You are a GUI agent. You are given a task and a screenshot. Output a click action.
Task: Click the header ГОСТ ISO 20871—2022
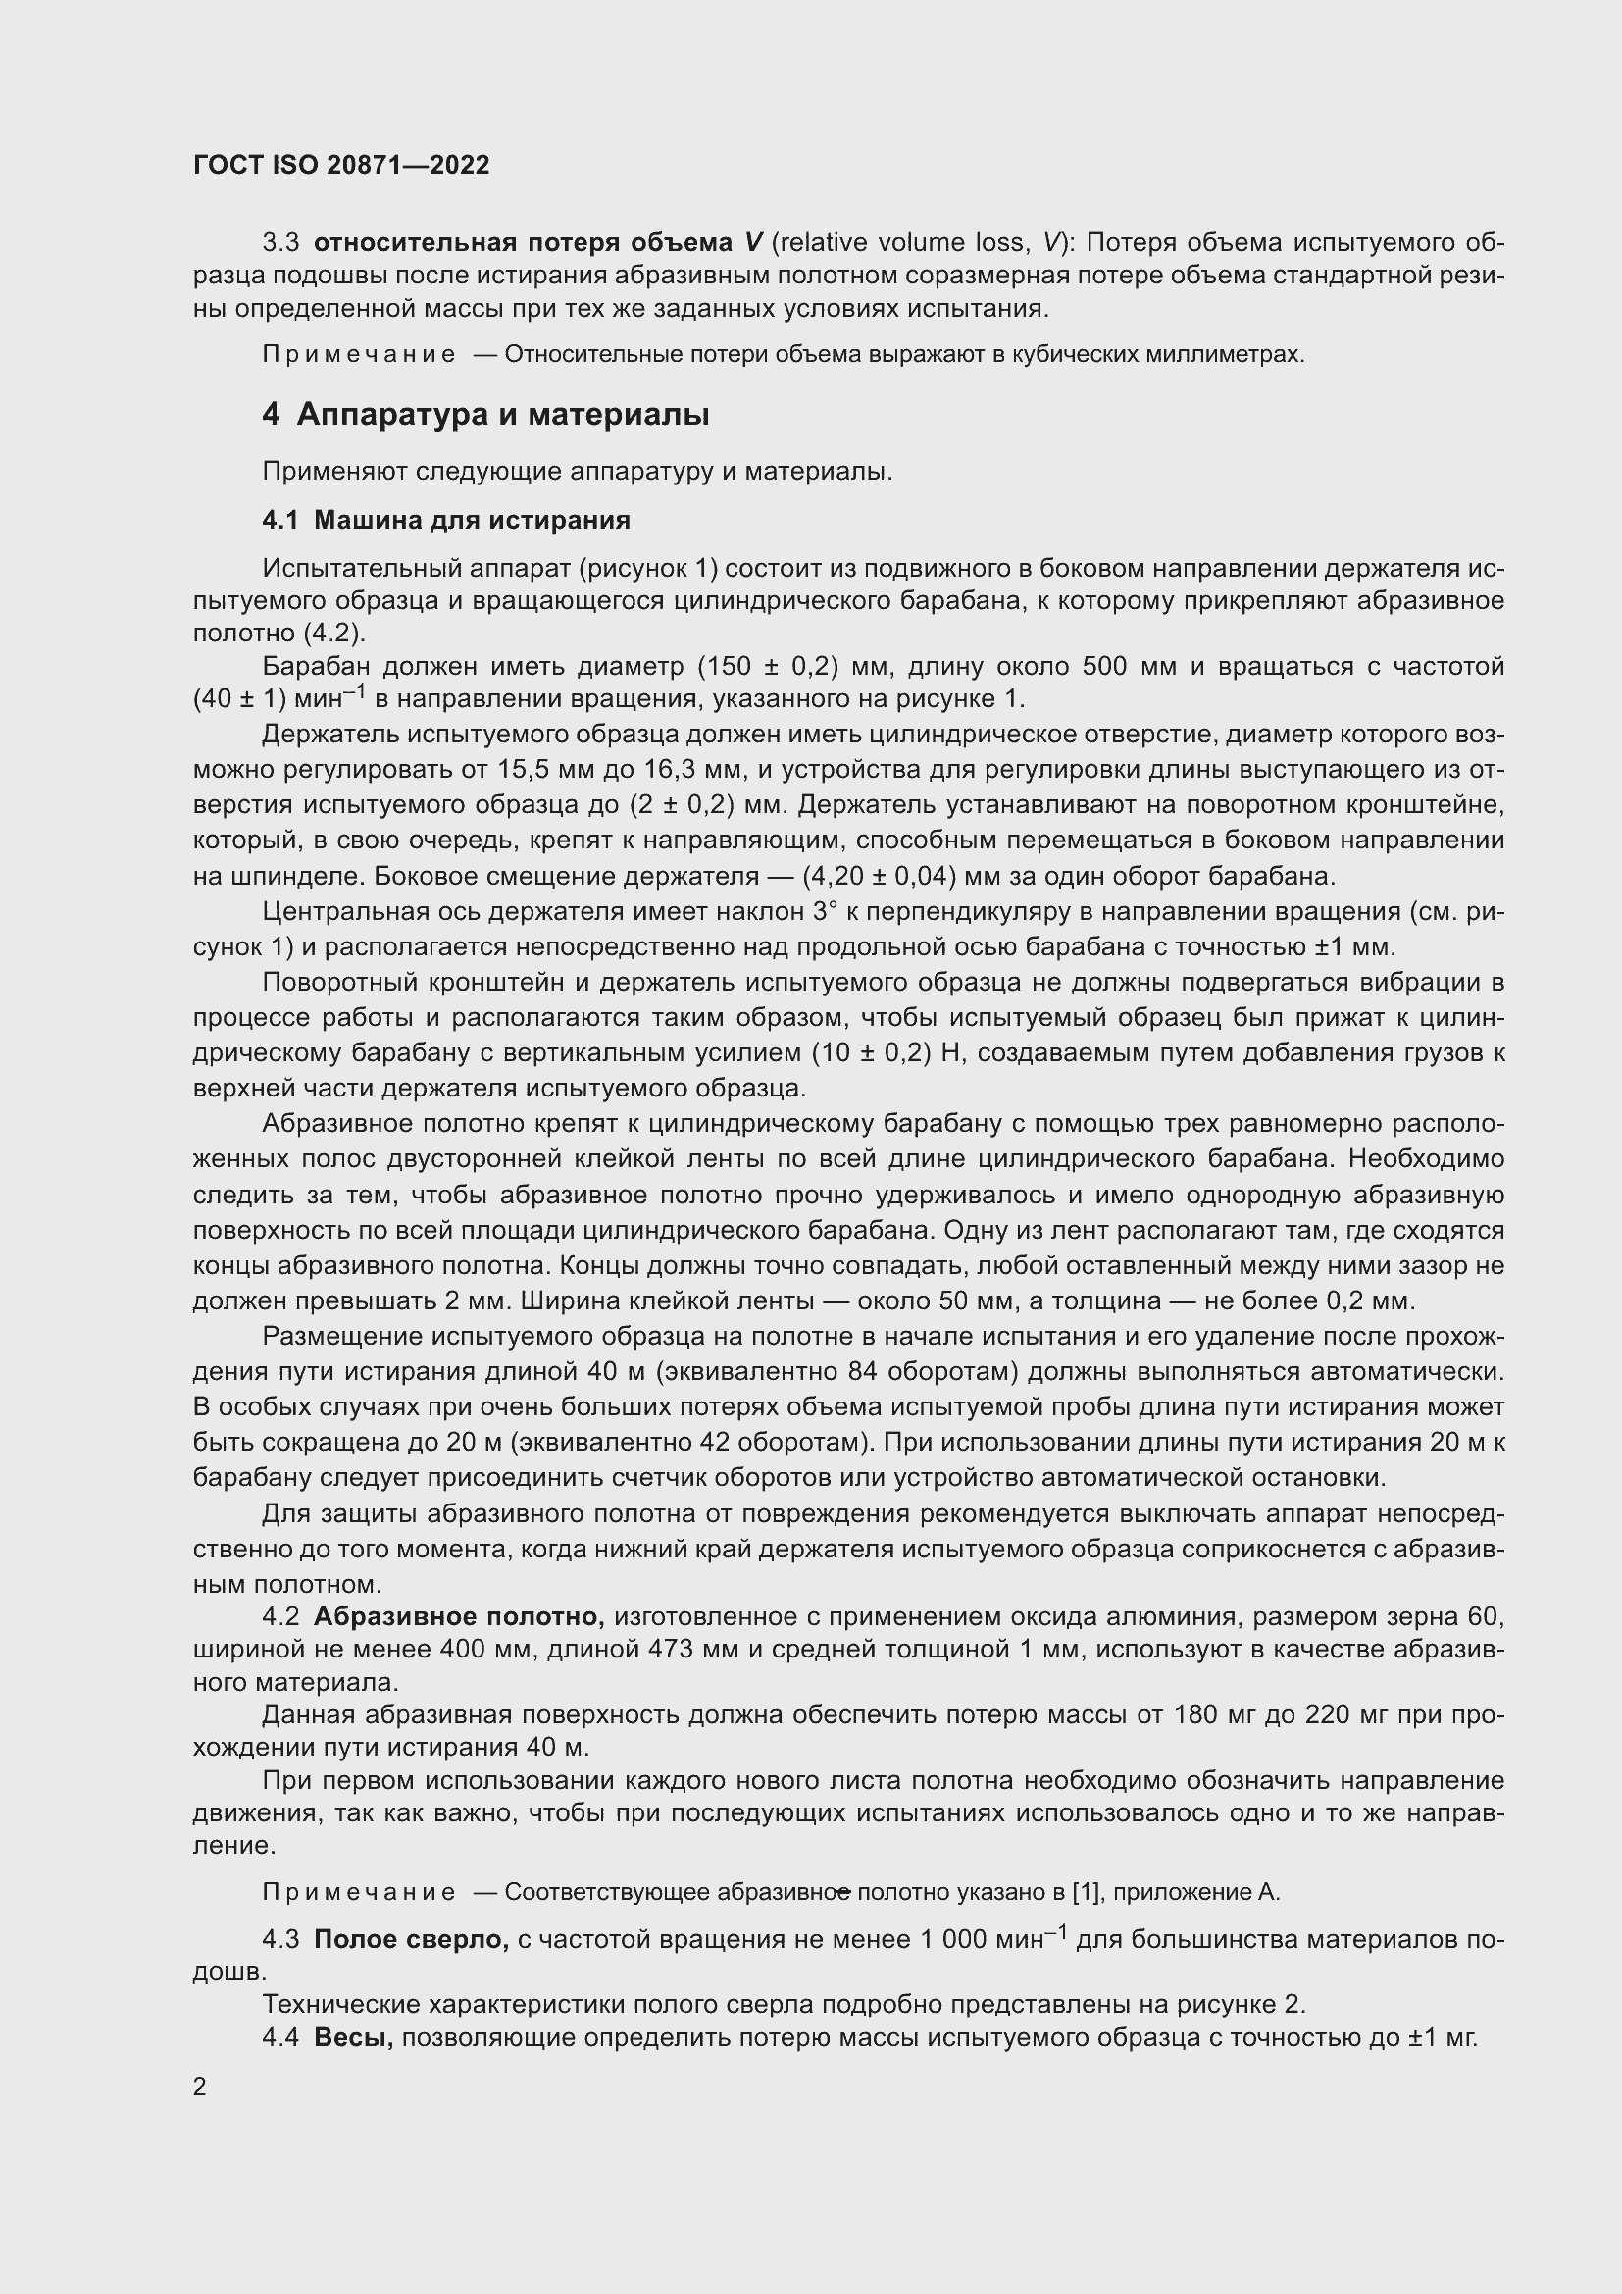(x=341, y=165)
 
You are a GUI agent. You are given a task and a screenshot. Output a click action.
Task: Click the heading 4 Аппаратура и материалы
(x=485, y=414)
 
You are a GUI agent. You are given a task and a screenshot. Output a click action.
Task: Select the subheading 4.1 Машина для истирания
(x=445, y=520)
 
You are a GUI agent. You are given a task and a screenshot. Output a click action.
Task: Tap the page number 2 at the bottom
(x=200, y=2087)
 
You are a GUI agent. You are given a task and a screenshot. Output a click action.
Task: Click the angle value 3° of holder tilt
(x=821, y=911)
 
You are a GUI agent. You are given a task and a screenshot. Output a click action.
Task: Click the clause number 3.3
(x=280, y=243)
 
